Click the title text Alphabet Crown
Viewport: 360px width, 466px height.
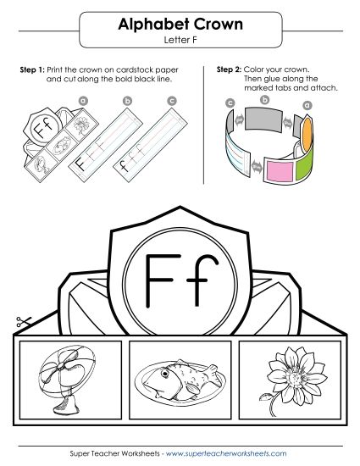point(180,25)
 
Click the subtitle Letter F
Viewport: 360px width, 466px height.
point(180,40)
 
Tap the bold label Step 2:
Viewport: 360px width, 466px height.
point(230,68)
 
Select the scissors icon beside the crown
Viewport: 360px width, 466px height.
point(22,323)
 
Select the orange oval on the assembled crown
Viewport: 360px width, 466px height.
point(308,125)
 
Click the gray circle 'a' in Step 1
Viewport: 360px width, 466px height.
point(83,100)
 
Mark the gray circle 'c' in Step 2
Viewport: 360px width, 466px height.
point(230,103)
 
